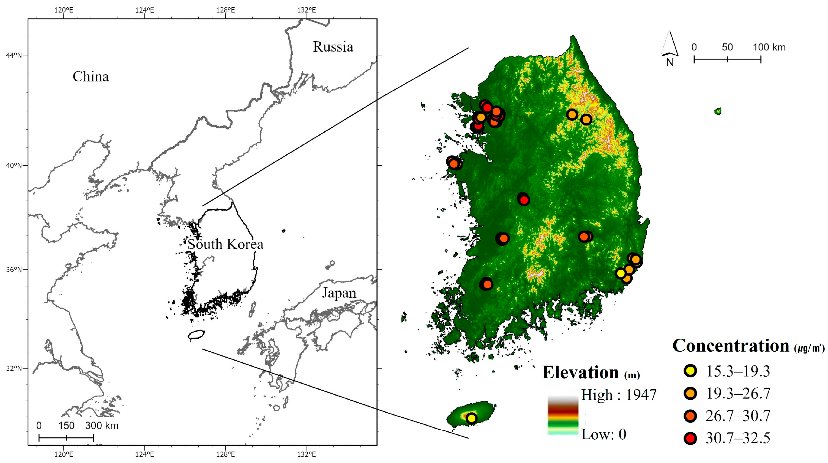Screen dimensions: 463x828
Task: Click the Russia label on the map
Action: click(333, 47)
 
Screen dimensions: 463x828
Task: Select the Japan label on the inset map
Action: click(339, 293)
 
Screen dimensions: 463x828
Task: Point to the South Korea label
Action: click(225, 244)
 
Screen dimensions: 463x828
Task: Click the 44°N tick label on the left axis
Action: click(14, 55)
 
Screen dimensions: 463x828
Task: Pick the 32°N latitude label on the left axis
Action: click(14, 368)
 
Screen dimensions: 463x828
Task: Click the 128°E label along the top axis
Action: click(225, 10)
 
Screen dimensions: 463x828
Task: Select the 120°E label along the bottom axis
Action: click(63, 454)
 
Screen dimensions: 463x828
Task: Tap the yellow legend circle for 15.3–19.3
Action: click(690, 371)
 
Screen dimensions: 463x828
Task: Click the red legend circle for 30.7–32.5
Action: click(690, 438)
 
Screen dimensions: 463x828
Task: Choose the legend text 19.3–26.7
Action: click(738, 393)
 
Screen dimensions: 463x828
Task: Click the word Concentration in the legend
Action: click(731, 346)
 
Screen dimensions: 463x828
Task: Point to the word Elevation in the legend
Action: click(581, 373)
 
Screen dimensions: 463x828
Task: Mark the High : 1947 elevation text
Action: click(618, 394)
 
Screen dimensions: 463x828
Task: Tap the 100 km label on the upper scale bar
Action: click(769, 47)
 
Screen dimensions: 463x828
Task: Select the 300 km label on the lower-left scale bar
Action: click(102, 426)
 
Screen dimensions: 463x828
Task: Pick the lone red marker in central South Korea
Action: click(524, 200)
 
